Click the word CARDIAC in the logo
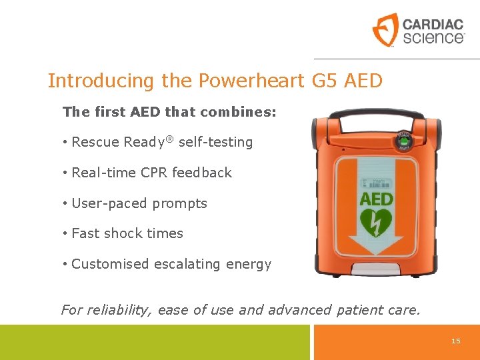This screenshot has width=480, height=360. (433, 25)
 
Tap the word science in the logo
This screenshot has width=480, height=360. (432, 38)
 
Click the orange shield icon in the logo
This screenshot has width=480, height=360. (385, 30)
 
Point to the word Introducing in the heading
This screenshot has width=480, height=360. (101, 81)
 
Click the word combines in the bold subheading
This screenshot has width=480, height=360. (242, 111)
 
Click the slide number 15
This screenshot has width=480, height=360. (456, 341)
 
